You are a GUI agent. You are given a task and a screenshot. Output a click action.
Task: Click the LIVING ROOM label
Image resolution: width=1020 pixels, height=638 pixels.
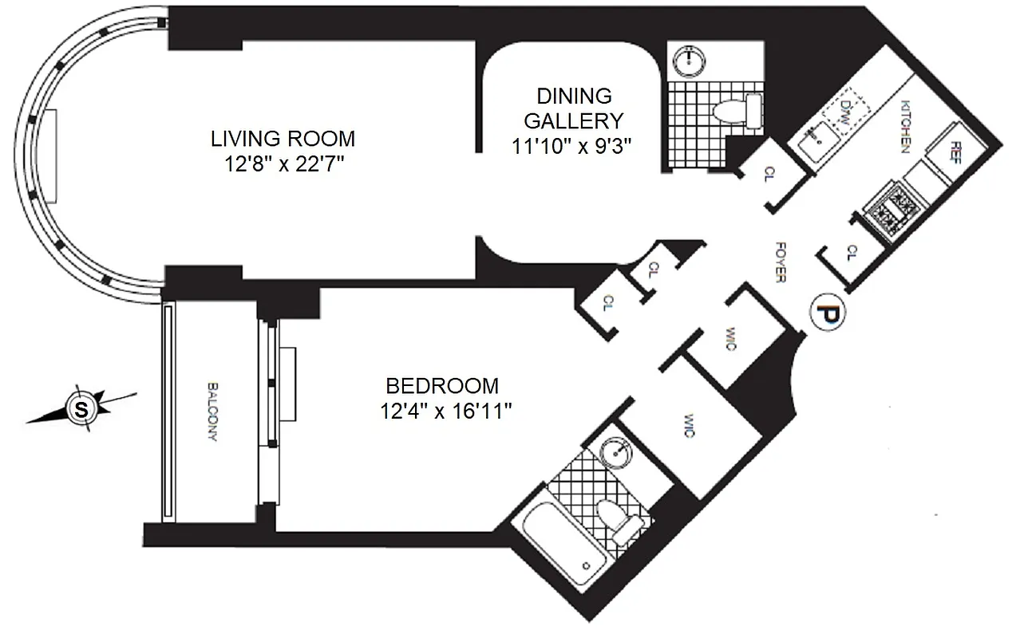click(283, 138)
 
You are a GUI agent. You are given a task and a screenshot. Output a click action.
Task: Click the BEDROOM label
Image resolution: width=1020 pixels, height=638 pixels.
click(441, 386)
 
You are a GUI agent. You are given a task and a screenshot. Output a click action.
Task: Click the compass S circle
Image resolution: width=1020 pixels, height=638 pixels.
click(81, 409)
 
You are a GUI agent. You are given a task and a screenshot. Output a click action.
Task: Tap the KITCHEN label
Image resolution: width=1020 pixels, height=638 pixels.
click(906, 127)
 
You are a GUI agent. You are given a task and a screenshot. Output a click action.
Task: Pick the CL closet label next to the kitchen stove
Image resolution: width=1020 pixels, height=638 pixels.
click(851, 253)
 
